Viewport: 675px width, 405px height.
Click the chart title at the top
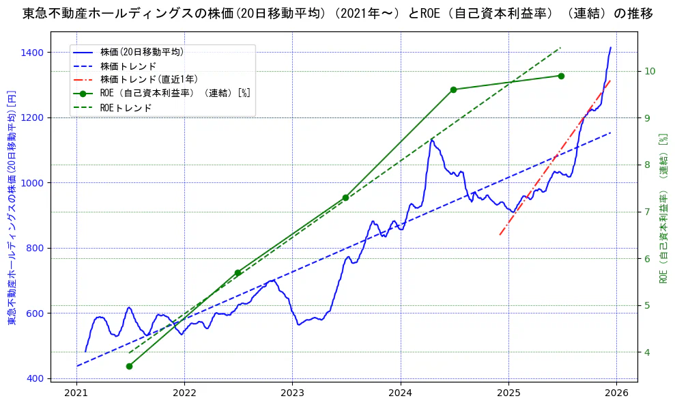pos(337,13)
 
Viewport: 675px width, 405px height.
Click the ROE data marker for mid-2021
pos(129,366)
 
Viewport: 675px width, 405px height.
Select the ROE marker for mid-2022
pos(238,273)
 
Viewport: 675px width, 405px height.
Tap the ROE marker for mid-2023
pos(345,197)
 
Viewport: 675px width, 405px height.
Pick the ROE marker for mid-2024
pos(453,89)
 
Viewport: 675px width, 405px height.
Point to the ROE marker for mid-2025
pos(561,76)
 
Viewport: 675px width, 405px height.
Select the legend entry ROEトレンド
pos(126,107)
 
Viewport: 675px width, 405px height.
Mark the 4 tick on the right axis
pos(648,352)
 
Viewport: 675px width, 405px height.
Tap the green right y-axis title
pos(662,208)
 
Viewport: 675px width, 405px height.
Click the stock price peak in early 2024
pos(431,139)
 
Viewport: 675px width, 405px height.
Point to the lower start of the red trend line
pos(500,235)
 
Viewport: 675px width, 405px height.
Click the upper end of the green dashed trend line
pos(560,48)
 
